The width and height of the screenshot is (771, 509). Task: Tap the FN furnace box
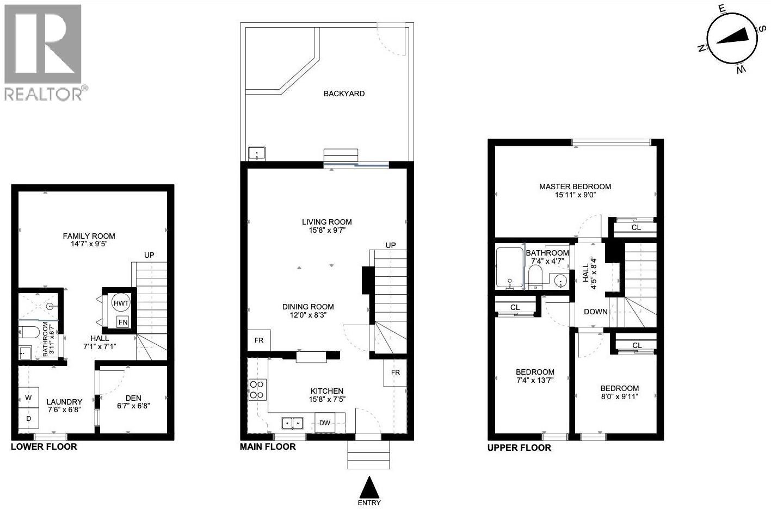123,322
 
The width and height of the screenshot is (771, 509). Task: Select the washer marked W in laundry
28,398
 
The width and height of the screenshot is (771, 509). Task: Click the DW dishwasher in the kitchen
324,423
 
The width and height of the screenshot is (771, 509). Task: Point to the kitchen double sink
292,423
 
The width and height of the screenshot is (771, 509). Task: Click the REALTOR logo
44,52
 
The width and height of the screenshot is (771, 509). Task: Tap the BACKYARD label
344,94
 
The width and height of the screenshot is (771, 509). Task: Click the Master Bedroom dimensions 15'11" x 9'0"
575,195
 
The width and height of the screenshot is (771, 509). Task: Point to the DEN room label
133,398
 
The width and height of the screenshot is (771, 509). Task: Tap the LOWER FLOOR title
44,447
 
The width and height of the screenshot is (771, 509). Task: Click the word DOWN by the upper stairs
596,312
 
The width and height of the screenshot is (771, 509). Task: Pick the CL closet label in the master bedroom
636,227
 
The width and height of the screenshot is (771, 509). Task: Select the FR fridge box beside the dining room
259,340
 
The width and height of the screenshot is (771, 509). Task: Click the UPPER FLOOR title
519,448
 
